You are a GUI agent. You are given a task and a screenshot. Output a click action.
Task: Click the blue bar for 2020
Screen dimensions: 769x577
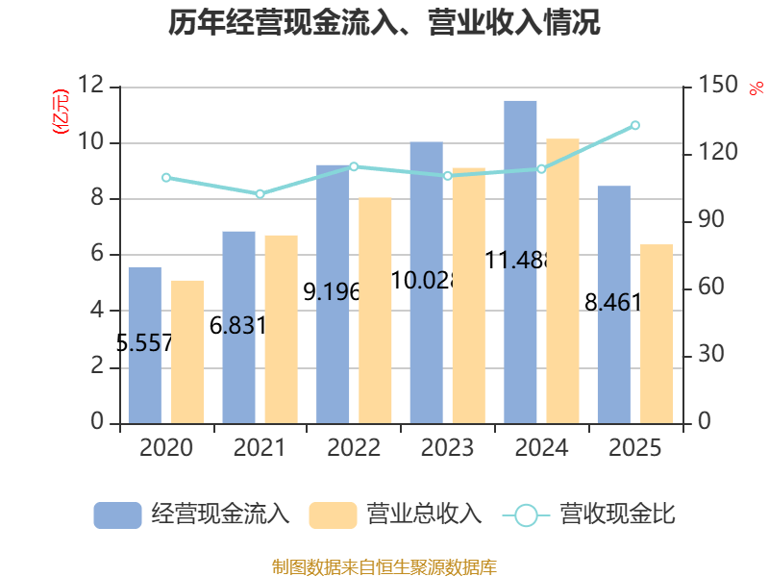pos(145,345)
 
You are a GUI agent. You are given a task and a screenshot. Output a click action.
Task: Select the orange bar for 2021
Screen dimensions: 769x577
pos(282,329)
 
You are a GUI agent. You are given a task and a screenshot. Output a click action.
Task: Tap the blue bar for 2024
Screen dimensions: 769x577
pos(520,262)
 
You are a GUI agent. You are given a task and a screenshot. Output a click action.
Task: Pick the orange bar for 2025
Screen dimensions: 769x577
pos(657,334)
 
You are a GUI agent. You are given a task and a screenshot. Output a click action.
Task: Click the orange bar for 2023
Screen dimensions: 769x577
pos(469,295)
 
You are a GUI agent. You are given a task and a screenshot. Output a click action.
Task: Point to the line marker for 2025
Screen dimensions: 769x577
pos(635,126)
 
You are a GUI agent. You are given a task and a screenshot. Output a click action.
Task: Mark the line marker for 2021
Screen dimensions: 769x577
pos(260,194)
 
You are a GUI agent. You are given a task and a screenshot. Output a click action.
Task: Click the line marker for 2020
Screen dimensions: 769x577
pos(166,178)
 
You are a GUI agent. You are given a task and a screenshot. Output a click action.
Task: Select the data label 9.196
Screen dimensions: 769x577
pos(332,292)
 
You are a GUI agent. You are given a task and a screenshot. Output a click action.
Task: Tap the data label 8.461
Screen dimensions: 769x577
pos(613,302)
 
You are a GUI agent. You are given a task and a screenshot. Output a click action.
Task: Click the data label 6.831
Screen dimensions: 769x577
pos(237,325)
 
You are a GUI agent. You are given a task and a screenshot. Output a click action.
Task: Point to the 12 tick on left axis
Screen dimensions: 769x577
pos(90,86)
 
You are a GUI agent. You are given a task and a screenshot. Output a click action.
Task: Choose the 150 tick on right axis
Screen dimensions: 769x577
pos(717,85)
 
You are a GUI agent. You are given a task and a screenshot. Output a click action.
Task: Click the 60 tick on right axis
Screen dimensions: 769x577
pos(710,287)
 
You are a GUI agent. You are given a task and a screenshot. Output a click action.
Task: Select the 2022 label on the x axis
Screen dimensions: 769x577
pos(354,448)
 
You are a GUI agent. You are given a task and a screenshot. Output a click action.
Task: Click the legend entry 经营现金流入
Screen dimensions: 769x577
pos(191,514)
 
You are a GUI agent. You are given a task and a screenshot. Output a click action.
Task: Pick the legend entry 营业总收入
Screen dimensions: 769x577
pos(396,514)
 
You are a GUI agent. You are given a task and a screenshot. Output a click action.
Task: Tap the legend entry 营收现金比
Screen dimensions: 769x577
pos(589,514)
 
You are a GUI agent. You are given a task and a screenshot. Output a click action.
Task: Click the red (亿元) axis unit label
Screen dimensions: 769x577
pos(61,112)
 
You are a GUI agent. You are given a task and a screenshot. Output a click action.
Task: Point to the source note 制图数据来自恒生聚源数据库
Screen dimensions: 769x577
pos(384,567)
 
